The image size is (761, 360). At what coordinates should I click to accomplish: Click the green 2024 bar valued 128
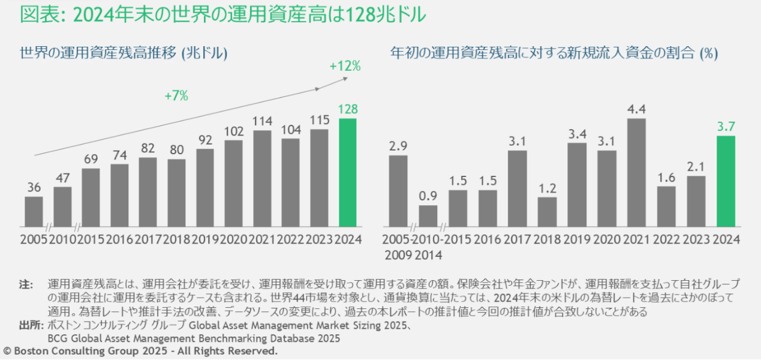[348, 173]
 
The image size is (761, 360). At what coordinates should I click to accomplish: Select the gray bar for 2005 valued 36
[34, 212]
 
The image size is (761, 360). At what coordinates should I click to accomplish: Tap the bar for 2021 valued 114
[262, 179]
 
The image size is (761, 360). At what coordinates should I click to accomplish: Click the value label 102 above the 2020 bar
[233, 131]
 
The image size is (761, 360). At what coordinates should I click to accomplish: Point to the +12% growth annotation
[345, 67]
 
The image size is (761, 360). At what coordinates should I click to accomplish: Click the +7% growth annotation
[176, 95]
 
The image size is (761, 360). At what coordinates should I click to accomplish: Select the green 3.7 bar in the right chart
[726, 181]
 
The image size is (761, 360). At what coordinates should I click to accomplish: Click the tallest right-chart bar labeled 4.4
[637, 173]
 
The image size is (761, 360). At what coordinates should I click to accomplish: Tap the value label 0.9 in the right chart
[428, 196]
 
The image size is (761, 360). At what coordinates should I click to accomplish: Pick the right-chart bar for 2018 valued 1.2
[548, 212]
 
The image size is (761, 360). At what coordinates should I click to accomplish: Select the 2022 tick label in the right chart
[666, 240]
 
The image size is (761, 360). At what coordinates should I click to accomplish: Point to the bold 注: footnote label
[27, 283]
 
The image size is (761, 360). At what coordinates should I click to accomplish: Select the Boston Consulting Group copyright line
[140, 350]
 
